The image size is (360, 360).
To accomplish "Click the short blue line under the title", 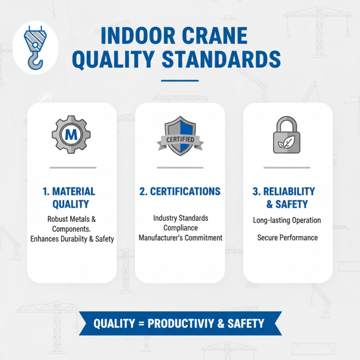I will pos(180,81).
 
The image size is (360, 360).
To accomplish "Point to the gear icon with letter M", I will pos(71,134).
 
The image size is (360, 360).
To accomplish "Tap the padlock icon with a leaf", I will pos(288,136).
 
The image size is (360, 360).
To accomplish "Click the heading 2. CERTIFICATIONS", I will pos(180,191).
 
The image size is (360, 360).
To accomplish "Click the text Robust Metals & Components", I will pos(72,224).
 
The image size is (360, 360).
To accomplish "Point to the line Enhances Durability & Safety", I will pos(72,239).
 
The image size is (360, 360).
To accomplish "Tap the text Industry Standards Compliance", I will pos(180,223).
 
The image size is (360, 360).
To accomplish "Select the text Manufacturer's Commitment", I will pos(180,238).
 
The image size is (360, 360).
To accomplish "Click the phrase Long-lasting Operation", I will pos(287,220).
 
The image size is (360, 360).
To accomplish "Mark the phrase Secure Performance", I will pos(288,238).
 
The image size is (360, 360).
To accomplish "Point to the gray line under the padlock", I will pos(287,168).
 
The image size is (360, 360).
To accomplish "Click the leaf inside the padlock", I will pos(287,143).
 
